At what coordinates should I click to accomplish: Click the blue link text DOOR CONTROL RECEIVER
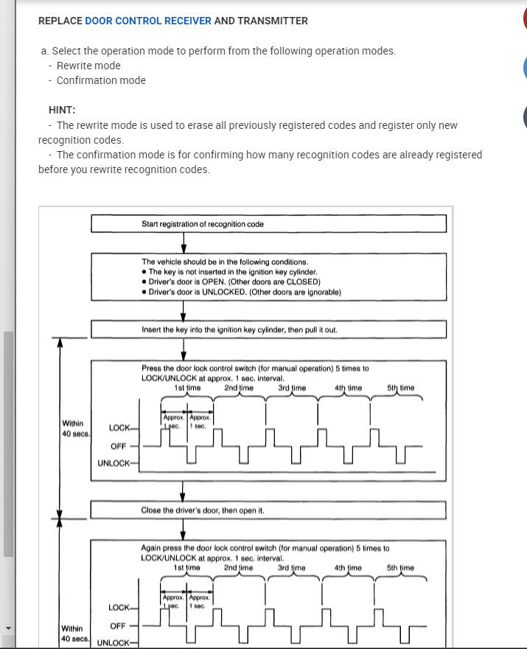pos(148,21)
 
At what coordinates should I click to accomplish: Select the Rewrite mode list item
pos(88,66)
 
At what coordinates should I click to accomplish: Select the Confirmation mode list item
pos(101,80)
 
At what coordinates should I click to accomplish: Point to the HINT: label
pos(62,110)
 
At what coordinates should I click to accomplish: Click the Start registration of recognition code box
pos(268,224)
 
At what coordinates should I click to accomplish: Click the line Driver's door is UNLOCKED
pos(244,292)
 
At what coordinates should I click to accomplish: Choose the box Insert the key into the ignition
pos(268,329)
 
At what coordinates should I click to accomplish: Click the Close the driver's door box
pos(268,510)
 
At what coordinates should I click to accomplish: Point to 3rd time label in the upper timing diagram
pos(293,387)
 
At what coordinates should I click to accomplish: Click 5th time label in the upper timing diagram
pos(400,387)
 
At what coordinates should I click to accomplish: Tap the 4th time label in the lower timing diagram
pos(348,568)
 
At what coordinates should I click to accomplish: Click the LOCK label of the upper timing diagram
pos(119,428)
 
